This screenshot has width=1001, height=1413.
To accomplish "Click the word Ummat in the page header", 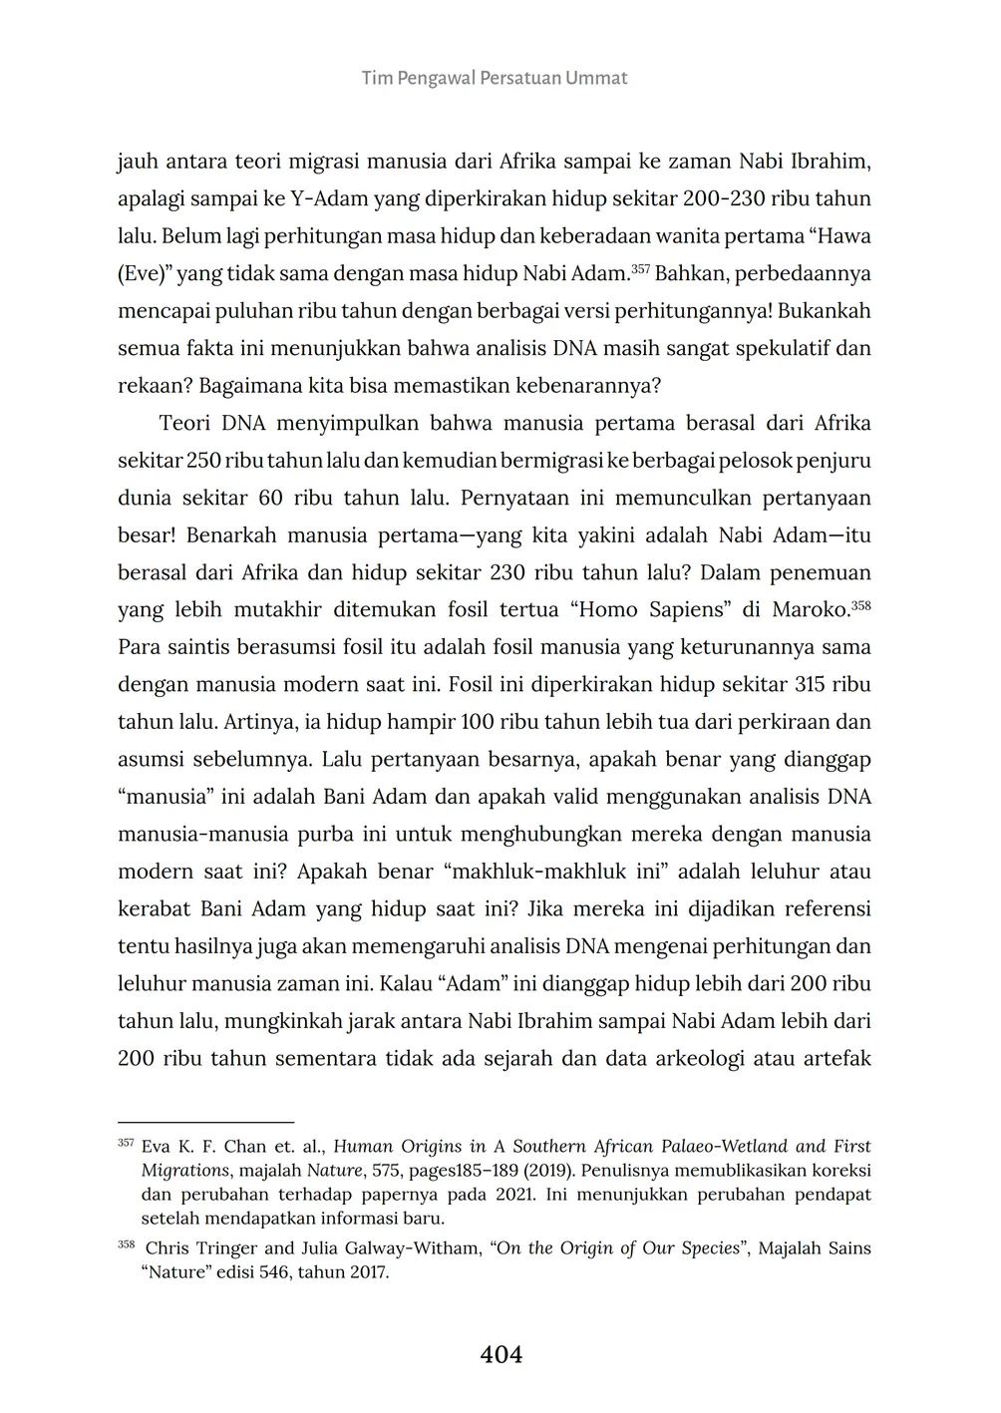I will point(596,78).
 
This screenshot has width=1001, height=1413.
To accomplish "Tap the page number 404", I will point(500,1354).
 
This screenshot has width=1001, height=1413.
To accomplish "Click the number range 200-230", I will point(725,198).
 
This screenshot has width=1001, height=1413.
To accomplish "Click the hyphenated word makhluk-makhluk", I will point(544,872).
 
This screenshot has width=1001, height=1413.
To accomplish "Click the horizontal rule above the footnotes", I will point(205,1122).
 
